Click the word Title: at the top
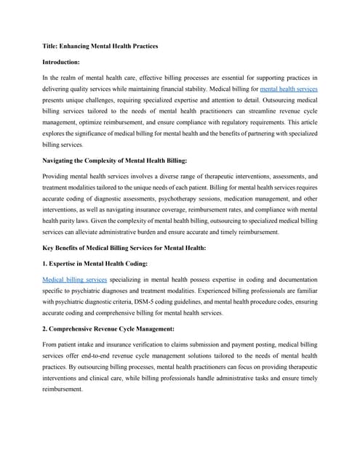(x=53, y=46)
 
